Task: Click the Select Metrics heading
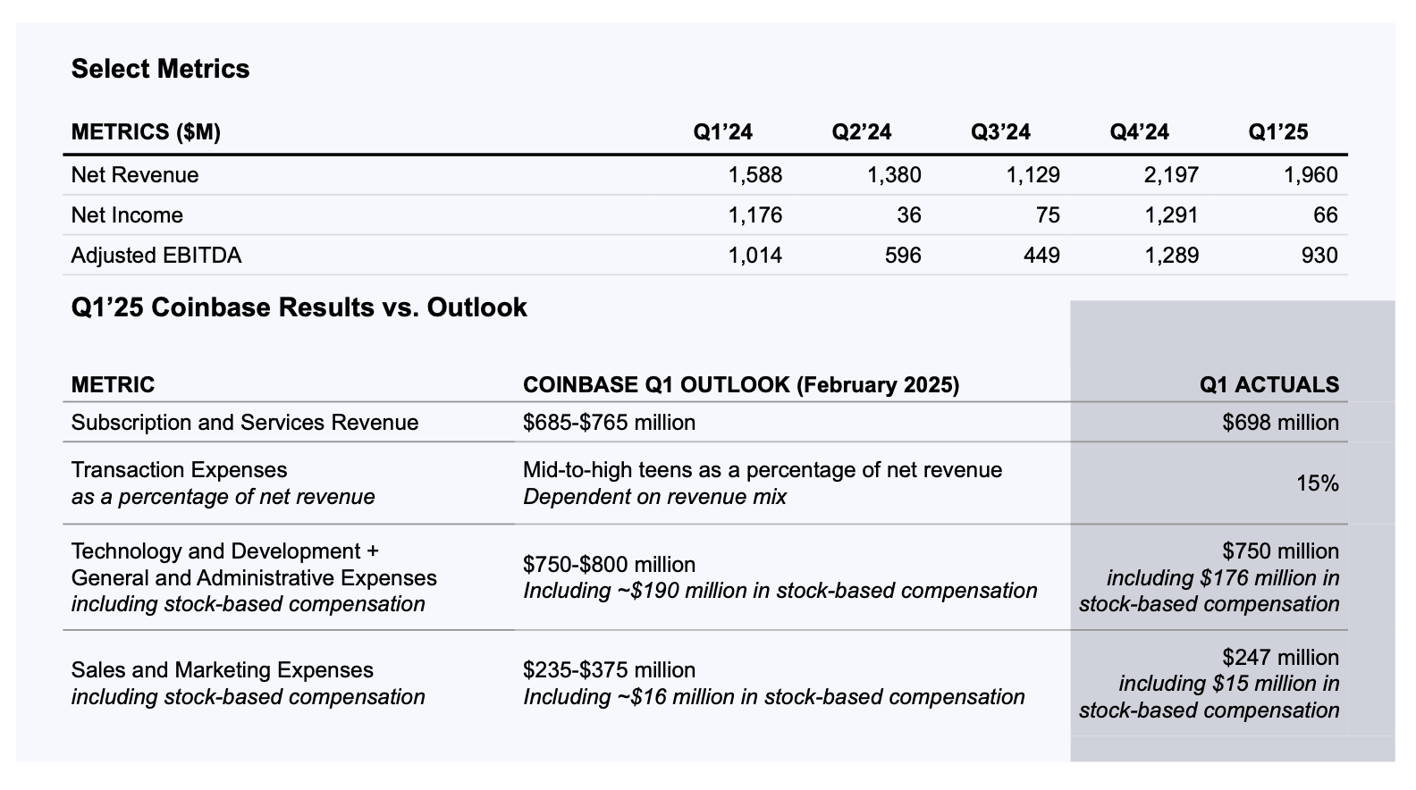[x=160, y=69]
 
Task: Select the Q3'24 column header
[x=1000, y=132]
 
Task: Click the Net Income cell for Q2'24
[x=908, y=215]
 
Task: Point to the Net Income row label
[x=127, y=215]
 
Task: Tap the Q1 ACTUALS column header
[x=1268, y=385]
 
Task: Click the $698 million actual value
[x=1280, y=423]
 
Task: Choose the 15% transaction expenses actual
[x=1317, y=483]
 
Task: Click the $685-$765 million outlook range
[x=609, y=423]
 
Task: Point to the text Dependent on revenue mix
[x=654, y=497]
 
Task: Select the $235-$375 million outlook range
[x=609, y=670]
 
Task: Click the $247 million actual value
[x=1280, y=658]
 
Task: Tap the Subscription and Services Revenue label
[x=244, y=423]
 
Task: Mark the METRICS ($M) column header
[x=146, y=132]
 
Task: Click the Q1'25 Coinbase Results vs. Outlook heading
[x=299, y=307]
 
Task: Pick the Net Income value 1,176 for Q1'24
[x=754, y=215]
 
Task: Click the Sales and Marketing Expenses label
[x=222, y=670]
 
